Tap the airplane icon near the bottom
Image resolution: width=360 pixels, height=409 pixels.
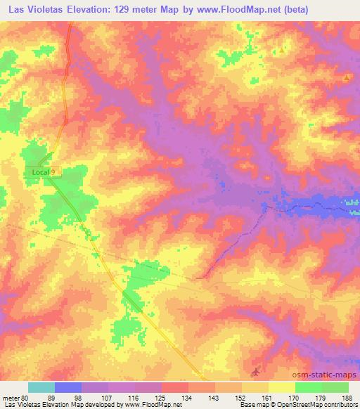256,370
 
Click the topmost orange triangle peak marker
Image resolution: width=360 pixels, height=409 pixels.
283,50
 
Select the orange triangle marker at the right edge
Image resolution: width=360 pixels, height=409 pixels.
346,78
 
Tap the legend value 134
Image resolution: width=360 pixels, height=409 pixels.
188,398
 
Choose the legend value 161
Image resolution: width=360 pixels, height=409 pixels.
269,398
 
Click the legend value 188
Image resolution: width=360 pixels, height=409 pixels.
349,398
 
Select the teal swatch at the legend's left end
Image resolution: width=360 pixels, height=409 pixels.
41,387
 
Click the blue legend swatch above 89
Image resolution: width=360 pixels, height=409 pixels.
68,387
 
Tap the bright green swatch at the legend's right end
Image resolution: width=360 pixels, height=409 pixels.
335,387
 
